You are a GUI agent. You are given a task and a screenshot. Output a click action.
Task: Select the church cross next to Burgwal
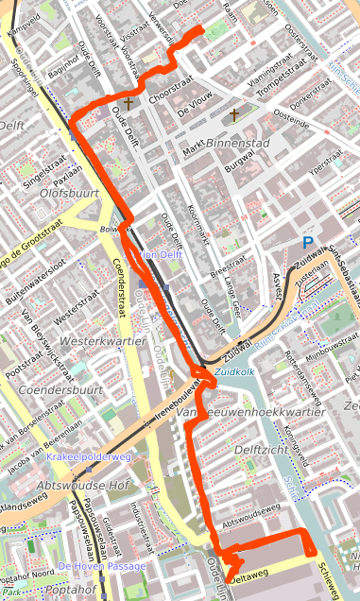(x=234, y=115)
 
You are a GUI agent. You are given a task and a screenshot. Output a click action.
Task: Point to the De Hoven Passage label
(x=102, y=566)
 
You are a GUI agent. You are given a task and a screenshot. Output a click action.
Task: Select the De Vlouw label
(x=196, y=112)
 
